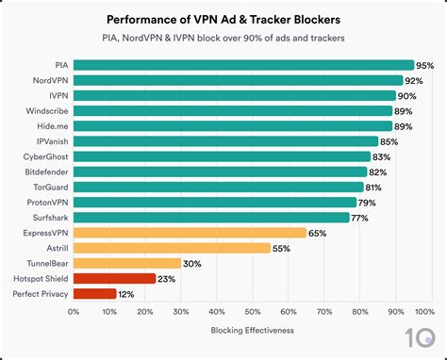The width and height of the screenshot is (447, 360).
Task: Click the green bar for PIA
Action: (x=243, y=65)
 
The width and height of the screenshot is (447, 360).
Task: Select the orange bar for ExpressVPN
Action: (x=190, y=232)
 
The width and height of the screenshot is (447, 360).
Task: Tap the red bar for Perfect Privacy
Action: (x=94, y=293)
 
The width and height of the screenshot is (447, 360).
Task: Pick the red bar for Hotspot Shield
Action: (x=114, y=278)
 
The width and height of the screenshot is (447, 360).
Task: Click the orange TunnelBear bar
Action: (x=126, y=263)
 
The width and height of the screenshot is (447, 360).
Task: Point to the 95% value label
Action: (x=424, y=65)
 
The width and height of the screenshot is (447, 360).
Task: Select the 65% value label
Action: (x=317, y=232)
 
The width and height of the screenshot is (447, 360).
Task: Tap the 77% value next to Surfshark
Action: (x=359, y=217)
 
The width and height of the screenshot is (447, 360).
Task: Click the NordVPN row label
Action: (x=48, y=80)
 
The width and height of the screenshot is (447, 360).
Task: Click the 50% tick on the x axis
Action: (x=251, y=311)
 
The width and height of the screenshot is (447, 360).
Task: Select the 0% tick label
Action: (x=74, y=311)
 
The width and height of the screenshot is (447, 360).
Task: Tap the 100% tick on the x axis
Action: (x=424, y=311)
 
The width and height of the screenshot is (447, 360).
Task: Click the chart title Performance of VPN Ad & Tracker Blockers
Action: (x=223, y=18)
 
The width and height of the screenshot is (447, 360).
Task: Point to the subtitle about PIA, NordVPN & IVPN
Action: (x=223, y=38)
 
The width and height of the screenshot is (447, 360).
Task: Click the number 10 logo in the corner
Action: (x=422, y=337)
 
